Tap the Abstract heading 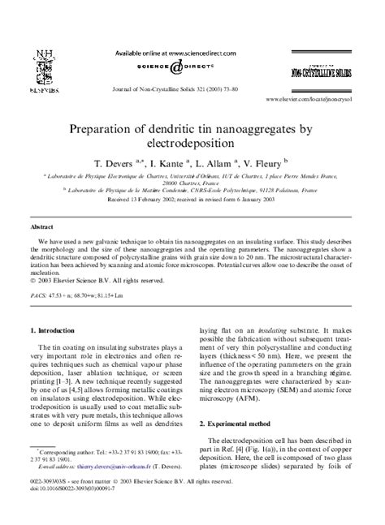[x=41, y=228]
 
